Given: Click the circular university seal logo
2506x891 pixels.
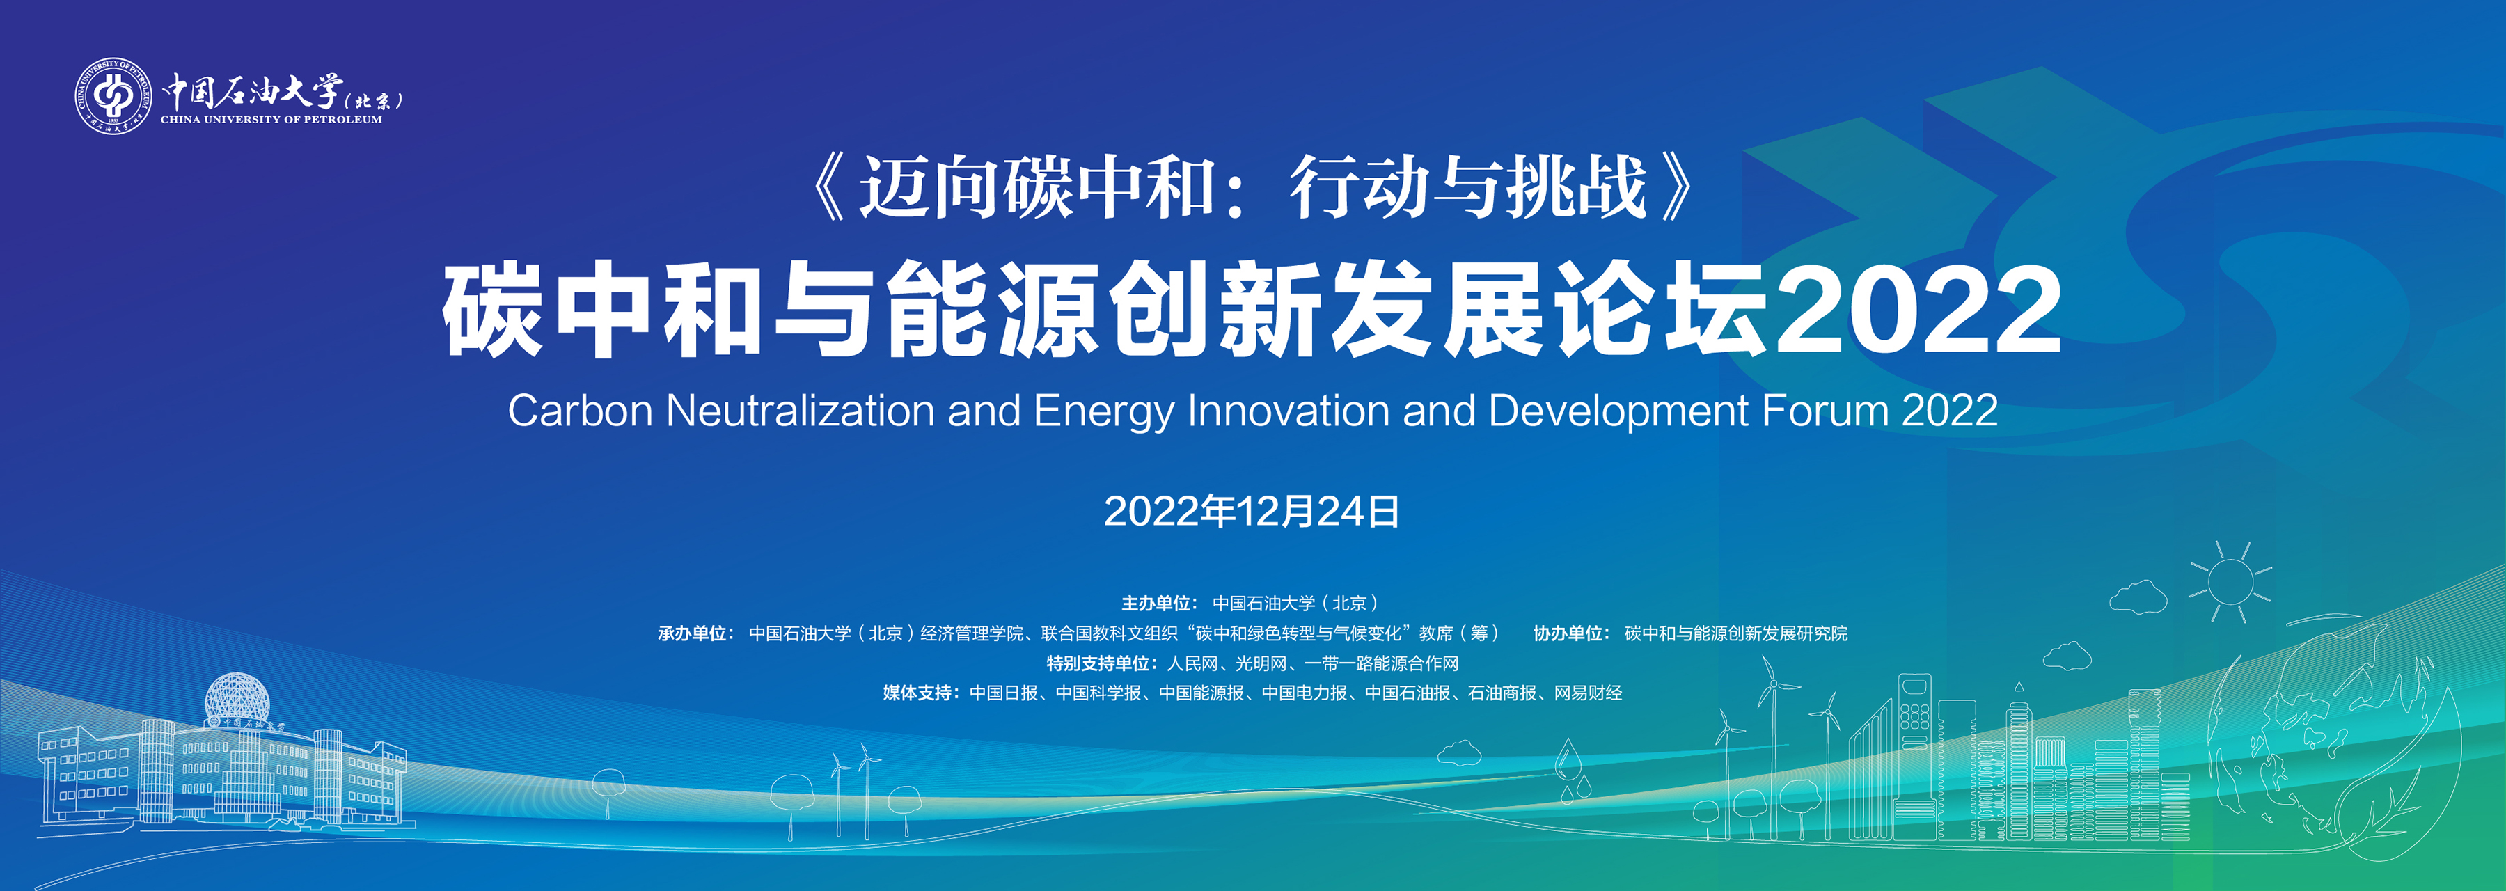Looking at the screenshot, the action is click(x=114, y=95).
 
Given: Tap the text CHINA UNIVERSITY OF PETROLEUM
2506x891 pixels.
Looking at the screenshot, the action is click(x=271, y=120).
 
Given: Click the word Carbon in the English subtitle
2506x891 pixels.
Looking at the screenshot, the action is click(x=580, y=411).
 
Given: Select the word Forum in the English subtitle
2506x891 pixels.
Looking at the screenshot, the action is click(x=1825, y=411).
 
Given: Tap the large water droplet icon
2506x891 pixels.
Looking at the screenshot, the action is click(x=1566, y=759).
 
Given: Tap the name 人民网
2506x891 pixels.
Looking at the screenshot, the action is click(x=1192, y=663).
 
